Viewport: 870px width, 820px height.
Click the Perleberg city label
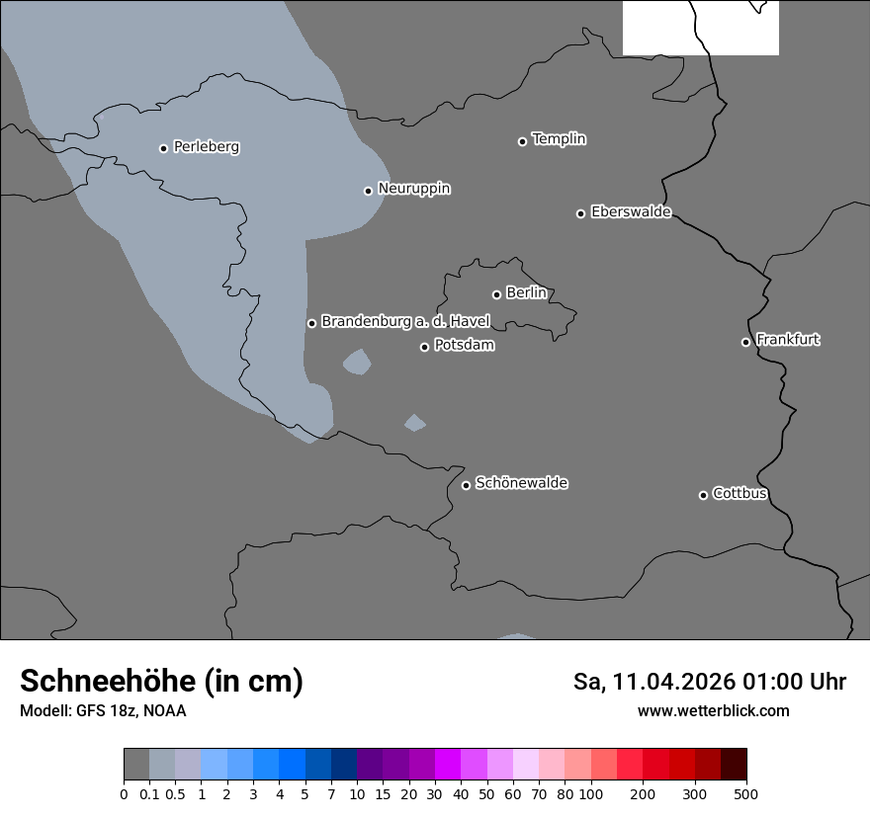tap(206, 147)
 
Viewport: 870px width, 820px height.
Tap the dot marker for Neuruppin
tap(368, 191)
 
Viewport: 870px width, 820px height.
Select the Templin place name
tap(559, 139)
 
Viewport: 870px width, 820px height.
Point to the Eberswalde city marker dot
tap(580, 213)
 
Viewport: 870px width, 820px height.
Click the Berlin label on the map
tap(526, 293)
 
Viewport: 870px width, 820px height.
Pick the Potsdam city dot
tap(424, 347)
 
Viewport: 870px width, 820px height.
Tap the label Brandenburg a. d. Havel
tap(405, 322)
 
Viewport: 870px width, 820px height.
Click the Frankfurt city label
tap(788, 340)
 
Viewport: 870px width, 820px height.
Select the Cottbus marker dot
tap(703, 495)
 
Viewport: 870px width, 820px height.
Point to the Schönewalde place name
tap(521, 483)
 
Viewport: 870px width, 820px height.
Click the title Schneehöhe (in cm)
tap(161, 682)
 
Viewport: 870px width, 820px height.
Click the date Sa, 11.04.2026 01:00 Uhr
tap(709, 682)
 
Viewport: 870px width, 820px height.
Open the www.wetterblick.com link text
tap(713, 711)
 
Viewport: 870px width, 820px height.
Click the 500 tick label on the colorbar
tap(746, 793)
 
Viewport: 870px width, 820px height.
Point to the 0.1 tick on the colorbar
tap(149, 793)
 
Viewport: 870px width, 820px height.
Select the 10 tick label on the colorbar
tap(357, 793)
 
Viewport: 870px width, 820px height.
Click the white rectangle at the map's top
tap(700, 28)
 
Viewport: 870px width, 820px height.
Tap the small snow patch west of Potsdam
tap(357, 363)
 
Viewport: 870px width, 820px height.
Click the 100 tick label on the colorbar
tap(590, 793)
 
